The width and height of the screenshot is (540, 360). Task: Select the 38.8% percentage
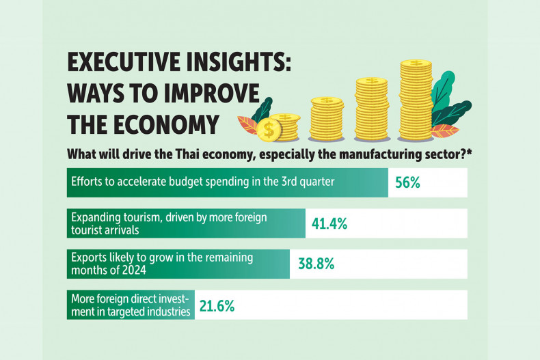pos(315,264)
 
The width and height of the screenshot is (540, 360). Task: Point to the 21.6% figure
pos(217,305)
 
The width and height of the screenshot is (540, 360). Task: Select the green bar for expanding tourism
pos(185,223)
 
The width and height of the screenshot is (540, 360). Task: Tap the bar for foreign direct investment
pos(130,305)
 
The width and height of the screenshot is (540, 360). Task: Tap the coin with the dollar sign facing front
pos(271,128)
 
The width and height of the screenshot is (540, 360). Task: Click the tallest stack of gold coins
pos(416,99)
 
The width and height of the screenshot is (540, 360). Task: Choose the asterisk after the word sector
pos(470,154)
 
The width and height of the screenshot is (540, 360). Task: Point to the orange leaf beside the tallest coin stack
pos(446,130)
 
